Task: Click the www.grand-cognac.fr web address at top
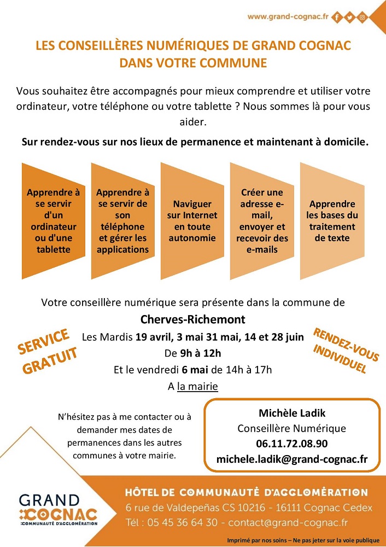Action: click(x=287, y=17)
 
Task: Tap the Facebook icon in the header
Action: click(x=337, y=18)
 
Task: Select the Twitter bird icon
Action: click(x=349, y=18)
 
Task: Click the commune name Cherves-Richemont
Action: click(x=193, y=319)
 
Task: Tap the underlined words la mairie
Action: click(x=197, y=387)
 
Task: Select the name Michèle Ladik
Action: click(x=291, y=413)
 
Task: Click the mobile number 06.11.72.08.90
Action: click(x=291, y=444)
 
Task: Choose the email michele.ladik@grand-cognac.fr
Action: click(x=291, y=459)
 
